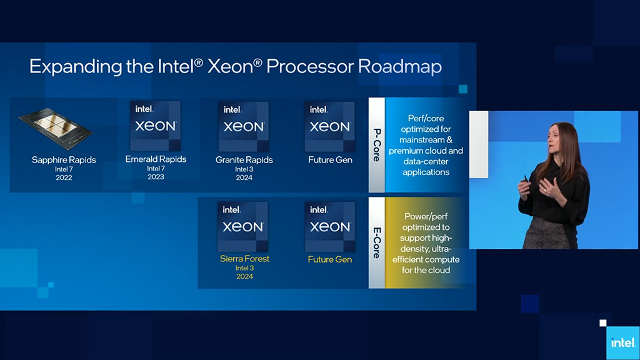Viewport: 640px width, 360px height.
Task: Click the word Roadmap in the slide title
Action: pos(399,66)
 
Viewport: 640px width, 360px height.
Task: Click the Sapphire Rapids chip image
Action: pos(56,128)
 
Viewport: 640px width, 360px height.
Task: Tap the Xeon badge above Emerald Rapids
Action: pos(155,126)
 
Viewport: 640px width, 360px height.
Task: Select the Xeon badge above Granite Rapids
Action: pos(244,126)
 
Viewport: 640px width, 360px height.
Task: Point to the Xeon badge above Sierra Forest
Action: pos(243,226)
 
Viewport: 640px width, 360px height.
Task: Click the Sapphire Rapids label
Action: pos(64,159)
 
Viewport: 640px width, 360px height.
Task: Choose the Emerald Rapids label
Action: pos(156,159)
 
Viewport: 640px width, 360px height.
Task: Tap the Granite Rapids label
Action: pos(244,159)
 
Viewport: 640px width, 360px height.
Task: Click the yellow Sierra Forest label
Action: pos(244,258)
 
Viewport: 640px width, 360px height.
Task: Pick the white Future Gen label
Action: pos(330,159)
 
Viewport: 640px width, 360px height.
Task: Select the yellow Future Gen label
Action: pos(330,259)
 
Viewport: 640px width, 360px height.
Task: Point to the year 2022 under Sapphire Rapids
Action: pos(64,177)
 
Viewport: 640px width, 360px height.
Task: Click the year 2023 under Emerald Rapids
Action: pos(156,177)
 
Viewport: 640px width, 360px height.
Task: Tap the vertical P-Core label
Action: pos(377,145)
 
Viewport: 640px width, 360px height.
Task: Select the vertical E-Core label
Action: pos(377,243)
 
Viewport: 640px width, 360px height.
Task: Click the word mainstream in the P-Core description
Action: pos(422,140)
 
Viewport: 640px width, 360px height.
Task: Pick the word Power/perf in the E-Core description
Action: pos(426,216)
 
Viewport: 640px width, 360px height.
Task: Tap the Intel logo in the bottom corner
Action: pos(623,343)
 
